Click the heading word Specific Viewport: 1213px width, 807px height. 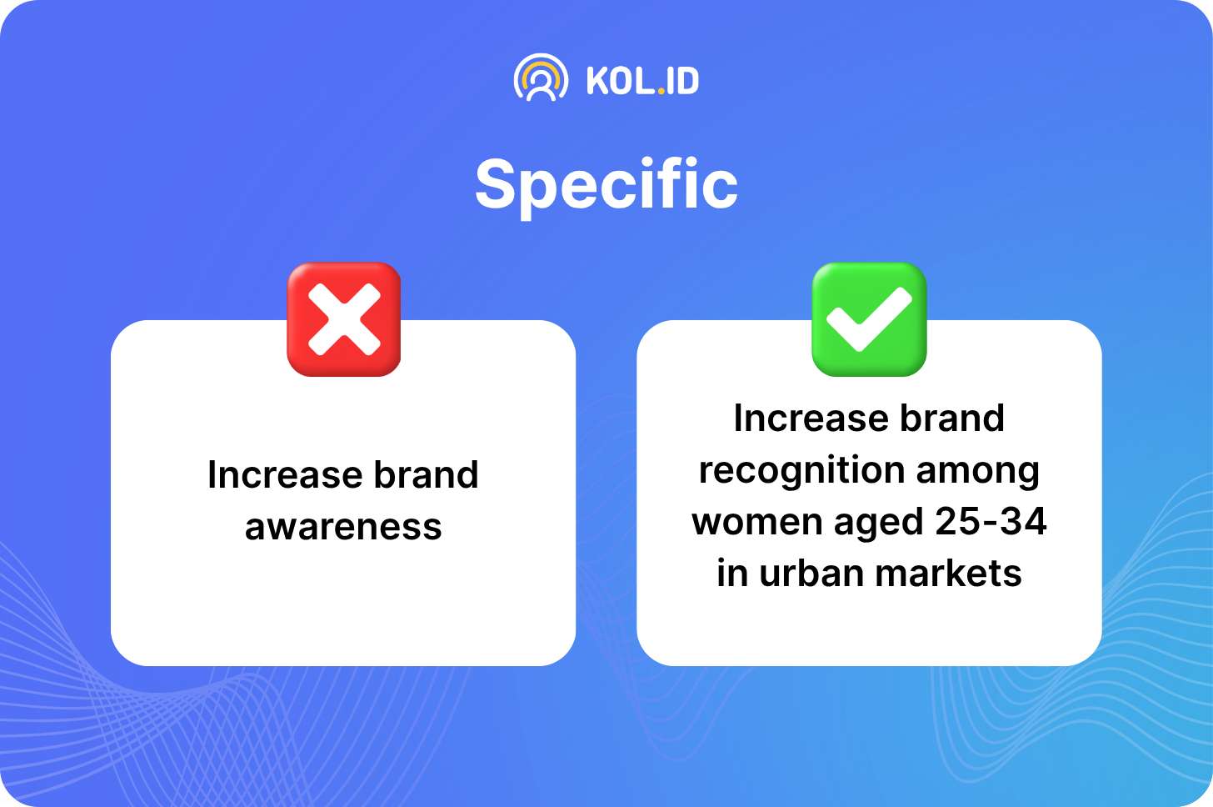606,185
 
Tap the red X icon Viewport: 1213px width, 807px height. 344,319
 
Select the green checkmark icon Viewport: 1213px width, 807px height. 869,319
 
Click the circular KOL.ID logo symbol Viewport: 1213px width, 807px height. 541,78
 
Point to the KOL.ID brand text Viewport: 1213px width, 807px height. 643,82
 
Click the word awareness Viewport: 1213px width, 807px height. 343,528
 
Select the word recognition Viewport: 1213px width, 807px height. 802,470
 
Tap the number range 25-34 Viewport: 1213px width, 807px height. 991,521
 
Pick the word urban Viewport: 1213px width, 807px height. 811,573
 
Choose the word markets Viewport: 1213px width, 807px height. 948,574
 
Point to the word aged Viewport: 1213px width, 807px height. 878,523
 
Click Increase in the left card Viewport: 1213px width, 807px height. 285,474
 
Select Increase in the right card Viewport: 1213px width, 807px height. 811,419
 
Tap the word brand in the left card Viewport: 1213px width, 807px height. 427,474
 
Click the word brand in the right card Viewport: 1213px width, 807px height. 952,419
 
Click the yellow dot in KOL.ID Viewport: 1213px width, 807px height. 661,92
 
